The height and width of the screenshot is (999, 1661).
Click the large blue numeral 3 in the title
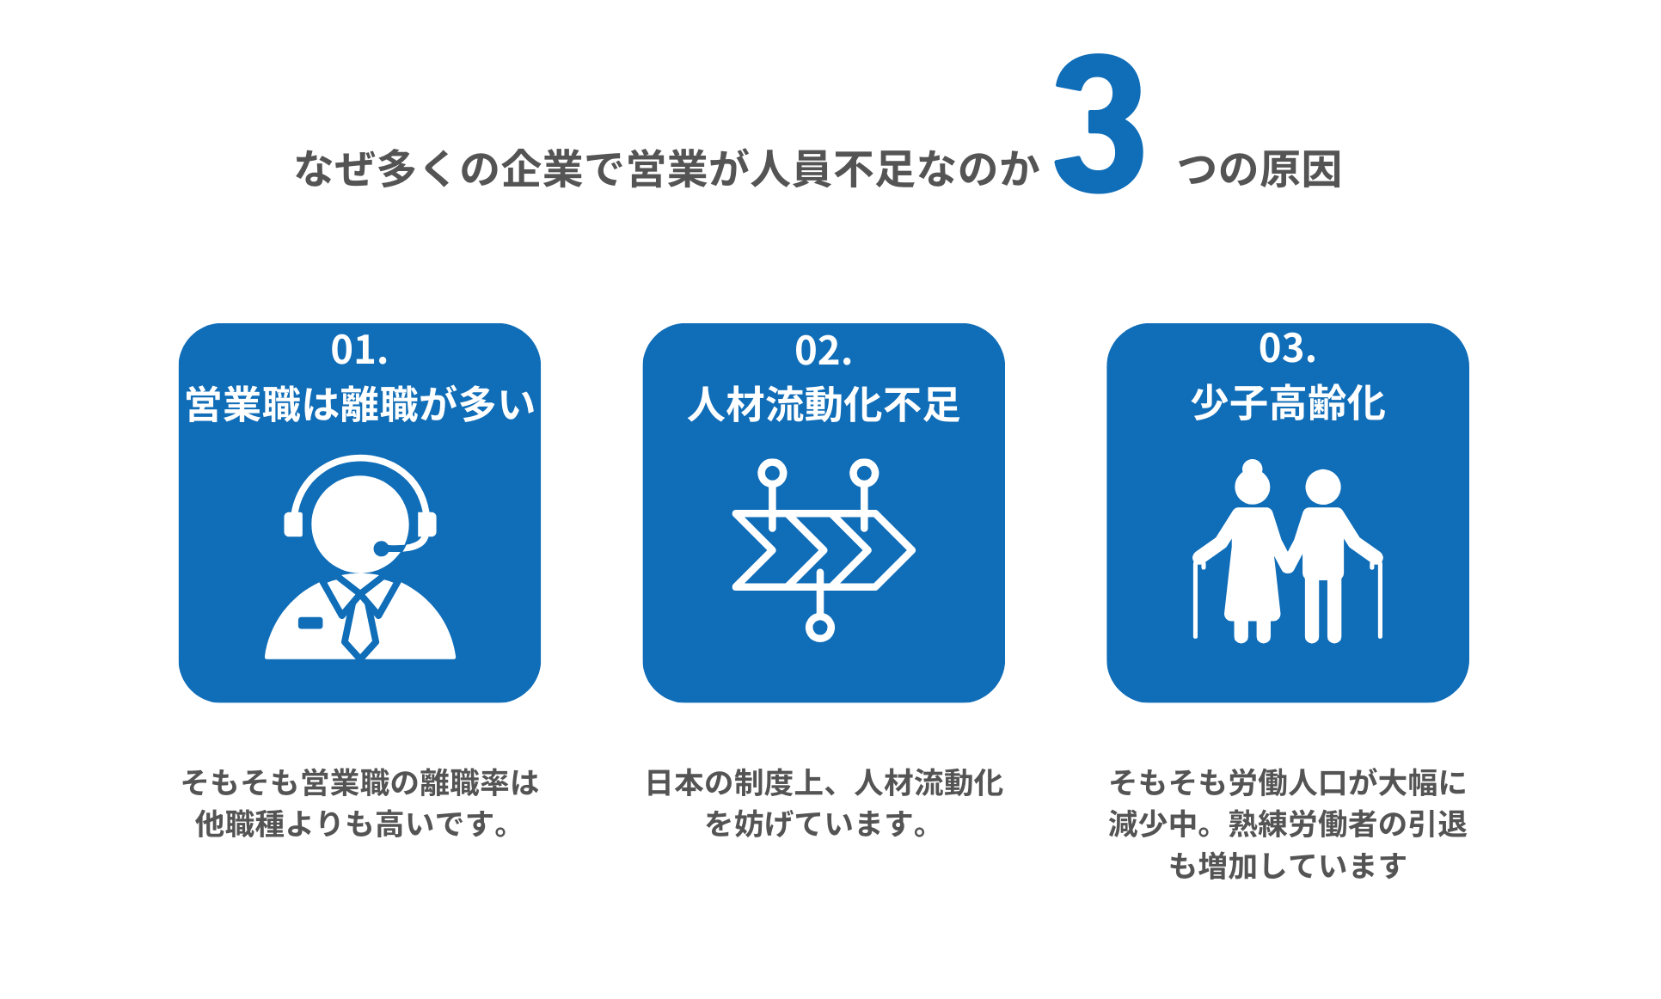[x=1100, y=124]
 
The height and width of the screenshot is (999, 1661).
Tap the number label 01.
[x=359, y=351]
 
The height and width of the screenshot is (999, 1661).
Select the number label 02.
[x=824, y=351]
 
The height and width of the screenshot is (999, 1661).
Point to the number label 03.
[x=1287, y=349]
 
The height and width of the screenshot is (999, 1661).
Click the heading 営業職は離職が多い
[x=360, y=404]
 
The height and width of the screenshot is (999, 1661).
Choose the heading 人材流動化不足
[x=824, y=404]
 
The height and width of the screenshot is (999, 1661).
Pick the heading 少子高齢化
[x=1288, y=403]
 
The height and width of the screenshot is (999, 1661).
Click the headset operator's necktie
[x=360, y=626]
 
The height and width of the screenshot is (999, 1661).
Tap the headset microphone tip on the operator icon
[x=381, y=549]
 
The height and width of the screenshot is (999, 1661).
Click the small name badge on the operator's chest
[x=310, y=622]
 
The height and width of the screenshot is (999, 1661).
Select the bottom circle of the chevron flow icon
[x=820, y=628]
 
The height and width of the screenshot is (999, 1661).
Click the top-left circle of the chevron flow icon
[x=772, y=473]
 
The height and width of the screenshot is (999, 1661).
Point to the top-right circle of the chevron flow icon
[x=864, y=473]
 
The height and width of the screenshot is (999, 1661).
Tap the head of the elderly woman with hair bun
[x=1253, y=484]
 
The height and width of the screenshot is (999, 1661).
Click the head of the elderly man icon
[x=1323, y=487]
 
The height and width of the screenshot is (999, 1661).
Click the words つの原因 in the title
[x=1260, y=169]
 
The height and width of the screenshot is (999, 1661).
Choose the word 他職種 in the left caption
[x=240, y=824]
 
